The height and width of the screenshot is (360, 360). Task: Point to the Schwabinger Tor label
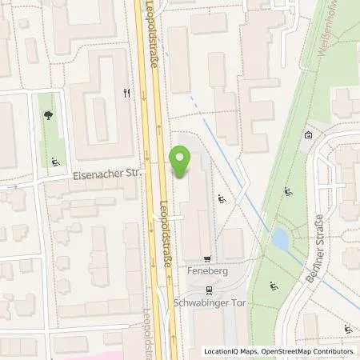(x=209, y=304)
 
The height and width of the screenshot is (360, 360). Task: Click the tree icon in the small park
(x=50, y=116)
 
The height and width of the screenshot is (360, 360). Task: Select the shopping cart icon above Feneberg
(x=209, y=258)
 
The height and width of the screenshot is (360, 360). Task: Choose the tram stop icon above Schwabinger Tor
(x=209, y=291)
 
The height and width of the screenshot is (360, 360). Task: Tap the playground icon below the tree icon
(x=56, y=162)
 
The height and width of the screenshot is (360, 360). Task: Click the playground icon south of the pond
(x=274, y=286)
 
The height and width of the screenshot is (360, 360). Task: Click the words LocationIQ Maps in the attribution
(x=232, y=351)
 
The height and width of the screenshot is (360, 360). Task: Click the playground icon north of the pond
(x=287, y=191)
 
